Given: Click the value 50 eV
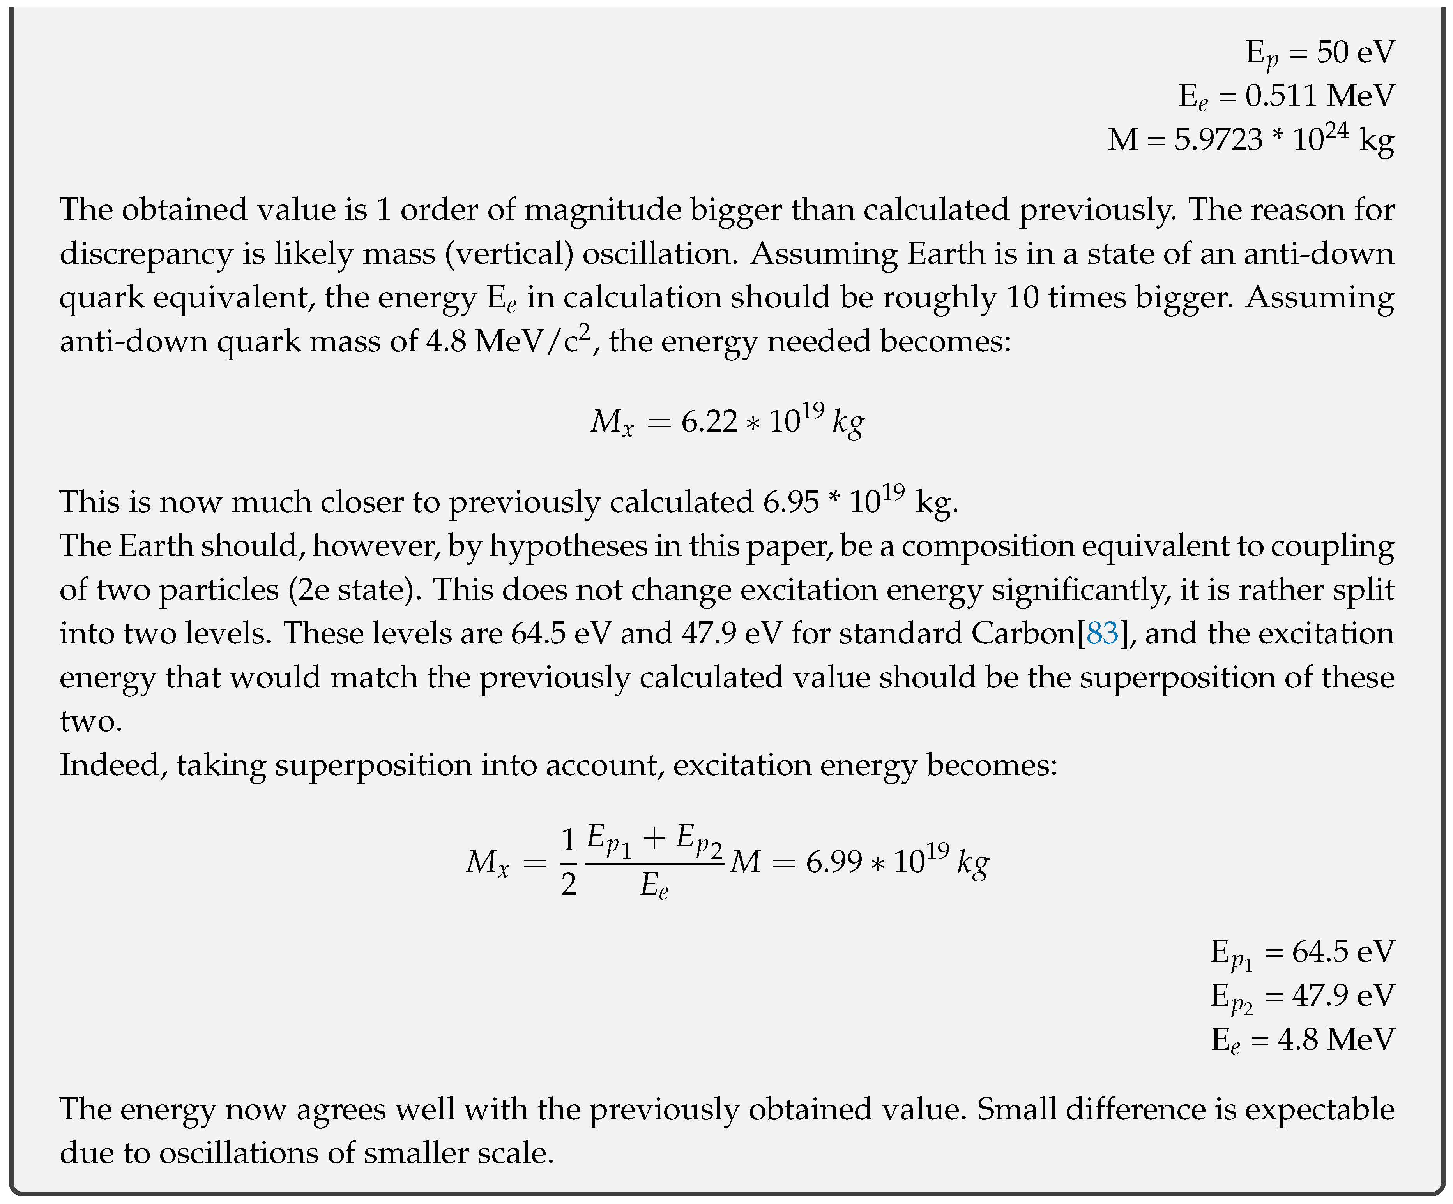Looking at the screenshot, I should point(1356,53).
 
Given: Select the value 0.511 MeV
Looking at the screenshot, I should point(1319,96).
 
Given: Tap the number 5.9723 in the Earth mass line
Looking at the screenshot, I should point(1218,140).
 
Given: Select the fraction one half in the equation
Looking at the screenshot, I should point(568,862).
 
